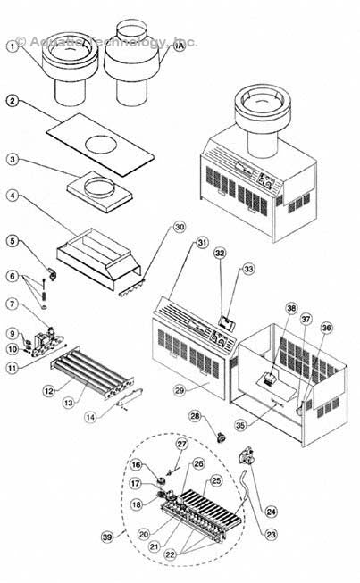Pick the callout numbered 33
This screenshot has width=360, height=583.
[x=249, y=269]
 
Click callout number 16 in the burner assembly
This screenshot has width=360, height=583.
[x=138, y=464]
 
